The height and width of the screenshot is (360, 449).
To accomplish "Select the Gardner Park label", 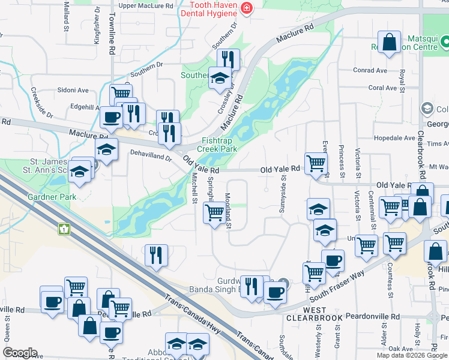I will (50, 197).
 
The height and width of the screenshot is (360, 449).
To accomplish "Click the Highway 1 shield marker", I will (64, 229).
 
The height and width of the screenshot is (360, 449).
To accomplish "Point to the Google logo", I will (20, 353).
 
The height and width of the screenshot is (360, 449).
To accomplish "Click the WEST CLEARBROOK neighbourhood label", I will (306, 312).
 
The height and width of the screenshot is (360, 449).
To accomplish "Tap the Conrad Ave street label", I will (370, 70).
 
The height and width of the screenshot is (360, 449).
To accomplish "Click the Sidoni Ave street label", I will (73, 90).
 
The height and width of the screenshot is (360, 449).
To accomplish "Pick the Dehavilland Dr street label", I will (151, 155).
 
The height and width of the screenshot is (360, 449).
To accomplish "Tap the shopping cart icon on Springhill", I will (214, 212).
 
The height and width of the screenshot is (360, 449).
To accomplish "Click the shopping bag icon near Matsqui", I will (390, 42).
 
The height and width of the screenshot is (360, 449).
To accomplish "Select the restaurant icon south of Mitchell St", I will (156, 256).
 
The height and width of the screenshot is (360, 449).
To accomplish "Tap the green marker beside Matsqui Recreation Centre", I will (445, 42).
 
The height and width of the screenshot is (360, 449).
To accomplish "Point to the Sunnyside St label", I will (282, 197).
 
